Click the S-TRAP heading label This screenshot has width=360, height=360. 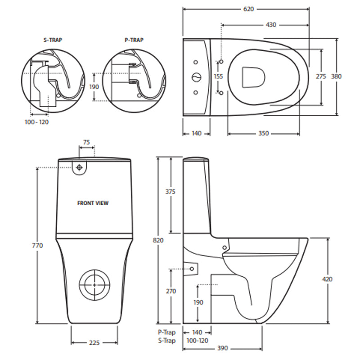tap(53, 40)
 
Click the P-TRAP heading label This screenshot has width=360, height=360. tap(134, 40)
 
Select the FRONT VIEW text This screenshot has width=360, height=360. tap(93, 203)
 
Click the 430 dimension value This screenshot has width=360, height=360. tap(271, 25)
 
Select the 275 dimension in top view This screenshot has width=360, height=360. tap(320, 76)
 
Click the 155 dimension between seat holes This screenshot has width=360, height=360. tap(218, 76)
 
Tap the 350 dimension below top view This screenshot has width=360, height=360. tap(263, 133)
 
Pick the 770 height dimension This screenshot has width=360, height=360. tap(37, 246)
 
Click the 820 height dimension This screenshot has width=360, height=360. tap(158, 240)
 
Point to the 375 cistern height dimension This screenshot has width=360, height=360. tap(170, 192)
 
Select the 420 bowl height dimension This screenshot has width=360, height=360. tap(328, 279)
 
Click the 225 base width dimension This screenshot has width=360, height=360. tap(94, 343)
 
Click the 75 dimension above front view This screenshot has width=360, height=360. tap(86, 142)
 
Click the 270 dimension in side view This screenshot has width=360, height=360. tap(171, 292)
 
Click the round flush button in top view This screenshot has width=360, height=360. tap(196, 77)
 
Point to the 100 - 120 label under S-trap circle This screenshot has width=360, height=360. tap(37, 122)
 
